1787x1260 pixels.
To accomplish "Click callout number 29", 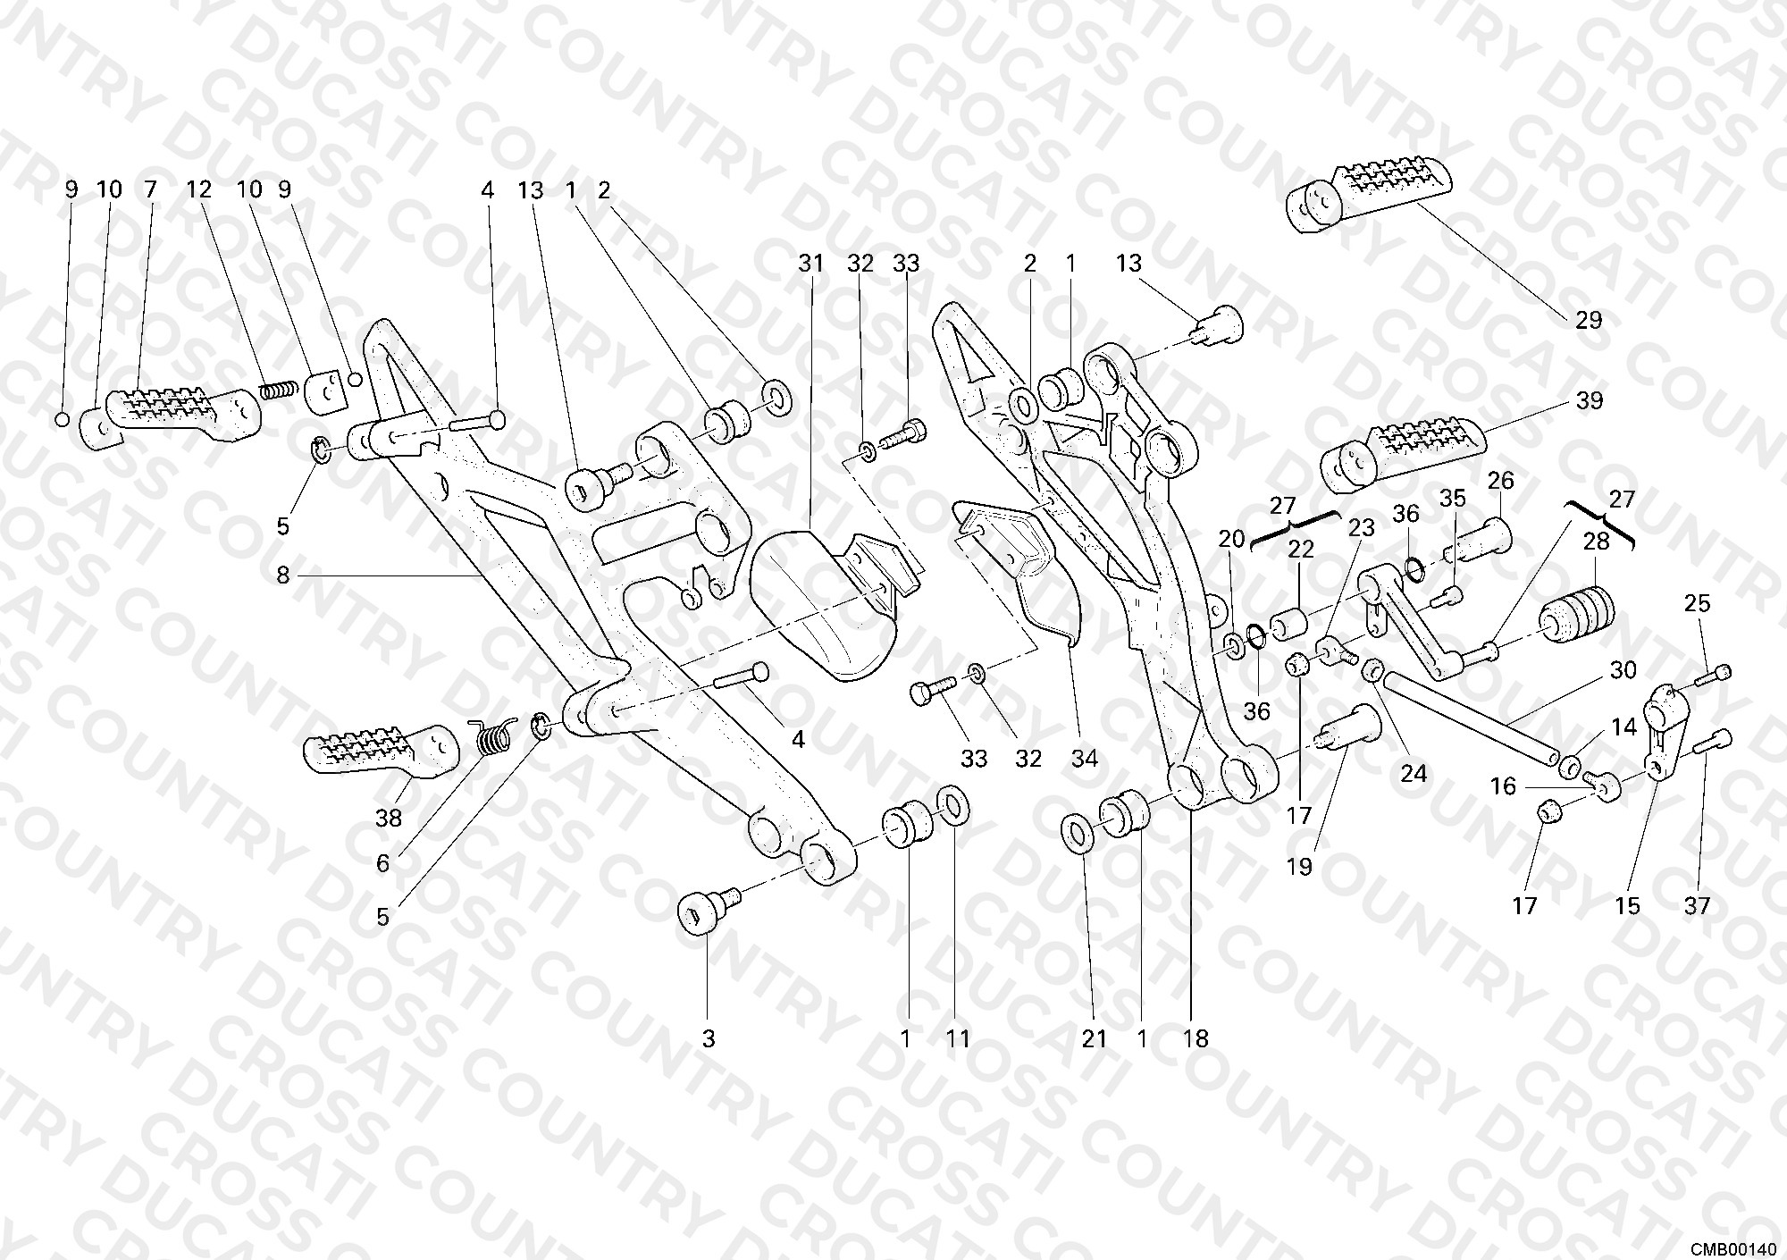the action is (1589, 319).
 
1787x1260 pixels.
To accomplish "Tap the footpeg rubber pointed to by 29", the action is (1367, 197).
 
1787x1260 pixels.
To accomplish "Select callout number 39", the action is (1589, 400).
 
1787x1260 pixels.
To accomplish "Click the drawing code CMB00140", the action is (1733, 1246).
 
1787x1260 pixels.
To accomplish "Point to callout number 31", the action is (810, 263).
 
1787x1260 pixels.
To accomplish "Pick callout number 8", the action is (283, 575).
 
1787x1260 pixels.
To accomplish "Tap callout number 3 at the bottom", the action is (709, 1038).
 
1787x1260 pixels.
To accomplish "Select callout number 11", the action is (958, 1038).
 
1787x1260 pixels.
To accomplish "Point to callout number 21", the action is (1094, 1038).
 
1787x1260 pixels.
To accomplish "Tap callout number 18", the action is (1195, 1038).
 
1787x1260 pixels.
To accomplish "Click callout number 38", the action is (389, 817).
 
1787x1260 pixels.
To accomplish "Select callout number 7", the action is (149, 189).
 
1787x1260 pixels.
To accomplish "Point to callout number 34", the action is (1084, 759).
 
